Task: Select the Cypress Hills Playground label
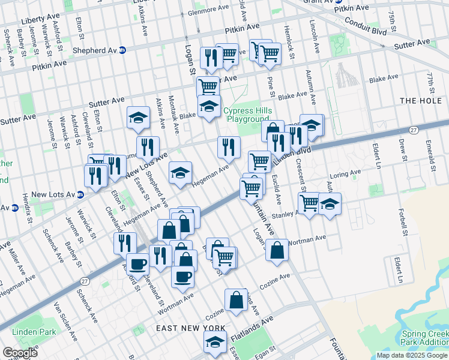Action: (x=247, y=115)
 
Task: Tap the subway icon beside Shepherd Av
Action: (x=122, y=50)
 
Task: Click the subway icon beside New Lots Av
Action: (x=80, y=194)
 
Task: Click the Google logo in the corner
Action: (x=20, y=353)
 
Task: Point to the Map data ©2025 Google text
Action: (x=412, y=355)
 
